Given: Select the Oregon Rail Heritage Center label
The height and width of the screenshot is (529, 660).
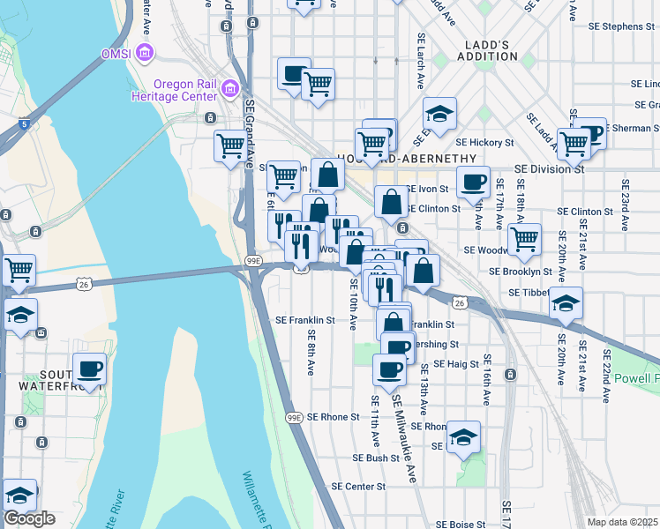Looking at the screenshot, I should point(185,90).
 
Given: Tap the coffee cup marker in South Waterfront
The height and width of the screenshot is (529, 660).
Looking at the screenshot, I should point(89,369).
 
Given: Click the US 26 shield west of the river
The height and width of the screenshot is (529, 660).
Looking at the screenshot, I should point(83,283).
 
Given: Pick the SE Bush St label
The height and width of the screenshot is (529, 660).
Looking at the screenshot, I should point(377,458).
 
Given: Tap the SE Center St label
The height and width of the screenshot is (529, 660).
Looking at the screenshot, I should point(359,487).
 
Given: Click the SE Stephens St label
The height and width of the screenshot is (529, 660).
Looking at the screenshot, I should point(623,26).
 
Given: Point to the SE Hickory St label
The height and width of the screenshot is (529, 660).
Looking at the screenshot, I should point(484,142).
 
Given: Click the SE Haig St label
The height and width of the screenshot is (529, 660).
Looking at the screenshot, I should point(456,363).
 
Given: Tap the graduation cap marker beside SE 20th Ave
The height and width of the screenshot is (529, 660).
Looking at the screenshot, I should point(566,303).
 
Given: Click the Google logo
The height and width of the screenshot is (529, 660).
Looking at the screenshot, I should point(29,518).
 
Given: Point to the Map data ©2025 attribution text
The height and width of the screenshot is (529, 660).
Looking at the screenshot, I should point(623,522).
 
